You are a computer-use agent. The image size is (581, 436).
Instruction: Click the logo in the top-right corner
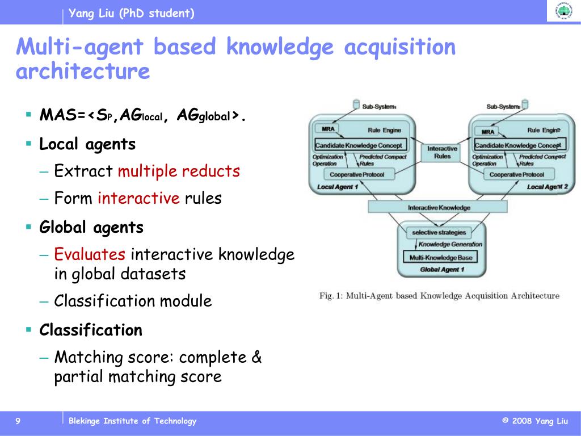(x=563, y=11)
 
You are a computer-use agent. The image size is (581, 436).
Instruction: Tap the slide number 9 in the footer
(x=18, y=421)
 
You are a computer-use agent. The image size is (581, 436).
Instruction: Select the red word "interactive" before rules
(x=138, y=198)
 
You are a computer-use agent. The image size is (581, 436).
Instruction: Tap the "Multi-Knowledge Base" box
(x=440, y=257)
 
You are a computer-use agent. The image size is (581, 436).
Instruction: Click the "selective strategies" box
(x=439, y=232)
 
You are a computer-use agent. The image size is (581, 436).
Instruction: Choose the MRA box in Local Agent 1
(x=328, y=129)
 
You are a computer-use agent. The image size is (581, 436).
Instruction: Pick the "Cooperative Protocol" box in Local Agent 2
(x=517, y=174)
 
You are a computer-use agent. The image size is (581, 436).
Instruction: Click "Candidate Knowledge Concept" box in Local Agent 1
(x=361, y=145)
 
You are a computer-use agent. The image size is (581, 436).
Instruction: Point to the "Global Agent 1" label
(x=442, y=269)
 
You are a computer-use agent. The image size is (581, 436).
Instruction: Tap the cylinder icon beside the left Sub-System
(x=356, y=104)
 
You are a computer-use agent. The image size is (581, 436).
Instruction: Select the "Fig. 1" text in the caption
(x=330, y=296)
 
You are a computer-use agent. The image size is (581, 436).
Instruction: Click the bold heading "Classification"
(x=91, y=330)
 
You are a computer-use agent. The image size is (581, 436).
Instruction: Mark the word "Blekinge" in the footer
(x=85, y=421)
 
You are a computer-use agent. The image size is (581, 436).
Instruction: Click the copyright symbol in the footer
(x=505, y=421)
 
